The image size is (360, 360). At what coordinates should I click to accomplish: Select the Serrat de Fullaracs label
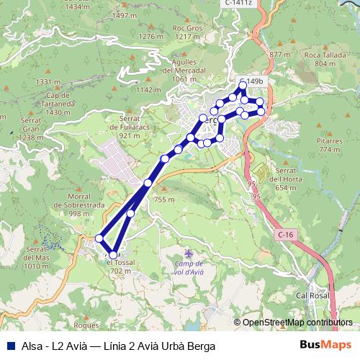130,127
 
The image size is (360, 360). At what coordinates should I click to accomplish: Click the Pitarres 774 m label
329,145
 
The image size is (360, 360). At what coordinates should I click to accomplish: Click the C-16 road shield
286,234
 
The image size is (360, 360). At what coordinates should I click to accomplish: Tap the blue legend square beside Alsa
8,346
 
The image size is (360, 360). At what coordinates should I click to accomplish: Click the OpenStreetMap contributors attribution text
297,323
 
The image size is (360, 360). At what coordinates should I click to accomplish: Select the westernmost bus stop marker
99,238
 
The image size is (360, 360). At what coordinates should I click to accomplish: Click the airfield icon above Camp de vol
189,255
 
